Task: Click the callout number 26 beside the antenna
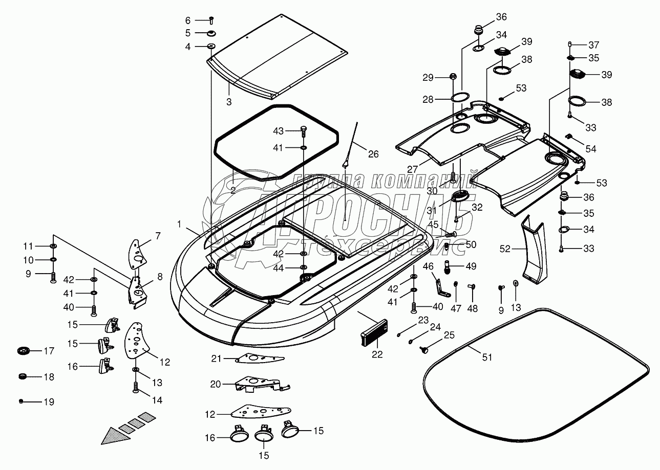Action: pos(373,154)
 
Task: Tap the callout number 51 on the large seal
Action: pos(487,357)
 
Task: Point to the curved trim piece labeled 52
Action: pos(534,250)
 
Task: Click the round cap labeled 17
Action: pos(24,350)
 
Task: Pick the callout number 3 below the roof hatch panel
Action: pos(229,102)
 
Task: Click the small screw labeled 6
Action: pos(211,20)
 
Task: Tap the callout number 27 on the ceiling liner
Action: pos(413,169)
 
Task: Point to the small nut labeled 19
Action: pos(21,401)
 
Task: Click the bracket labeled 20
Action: pos(262,384)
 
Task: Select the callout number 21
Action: pos(216,359)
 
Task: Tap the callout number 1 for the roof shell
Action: pos(179,224)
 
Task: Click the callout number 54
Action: pos(591,149)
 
